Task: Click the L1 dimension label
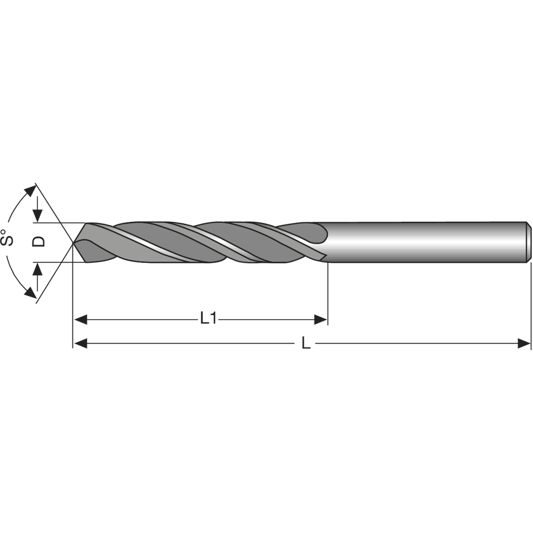(x=208, y=319)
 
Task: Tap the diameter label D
(x=39, y=242)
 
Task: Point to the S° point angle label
(x=7, y=238)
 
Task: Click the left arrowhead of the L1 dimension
(x=80, y=320)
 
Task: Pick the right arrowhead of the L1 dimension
(x=320, y=320)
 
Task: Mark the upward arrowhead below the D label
(x=38, y=269)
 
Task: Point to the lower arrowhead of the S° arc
(x=30, y=293)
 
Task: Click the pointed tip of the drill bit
(x=74, y=243)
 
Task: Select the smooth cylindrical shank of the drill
(x=426, y=243)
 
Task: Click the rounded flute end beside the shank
(x=322, y=232)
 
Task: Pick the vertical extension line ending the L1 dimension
(x=327, y=293)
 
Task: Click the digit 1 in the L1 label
(x=213, y=319)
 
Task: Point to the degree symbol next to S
(x=4, y=232)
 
